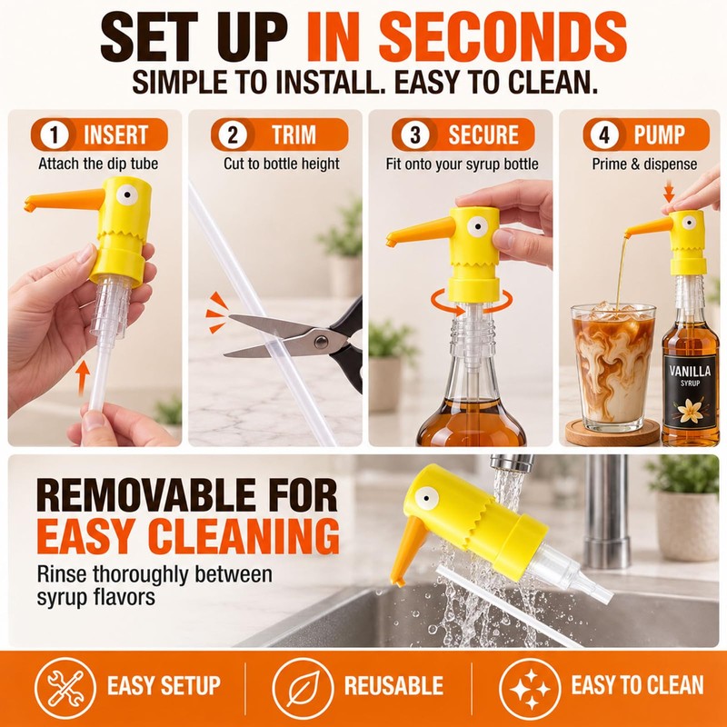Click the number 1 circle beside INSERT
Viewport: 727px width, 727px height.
click(x=55, y=134)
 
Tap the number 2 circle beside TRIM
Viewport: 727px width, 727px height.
click(x=233, y=134)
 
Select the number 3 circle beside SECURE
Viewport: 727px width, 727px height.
click(x=415, y=134)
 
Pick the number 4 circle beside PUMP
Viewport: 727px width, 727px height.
click(x=604, y=134)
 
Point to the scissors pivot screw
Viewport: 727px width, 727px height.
click(x=321, y=343)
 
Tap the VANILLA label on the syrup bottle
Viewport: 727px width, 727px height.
click(x=690, y=372)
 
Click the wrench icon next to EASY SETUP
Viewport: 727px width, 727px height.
click(x=65, y=688)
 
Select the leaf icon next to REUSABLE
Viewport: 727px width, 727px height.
click(x=303, y=688)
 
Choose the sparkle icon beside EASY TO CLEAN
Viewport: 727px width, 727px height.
click(x=530, y=688)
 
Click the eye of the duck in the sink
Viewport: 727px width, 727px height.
click(x=426, y=498)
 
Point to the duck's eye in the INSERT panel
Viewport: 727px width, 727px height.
click(x=126, y=194)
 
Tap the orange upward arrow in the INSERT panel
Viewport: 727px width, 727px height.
click(x=83, y=378)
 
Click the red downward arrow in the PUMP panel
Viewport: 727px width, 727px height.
click(x=668, y=191)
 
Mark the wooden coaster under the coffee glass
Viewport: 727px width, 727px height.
click(x=612, y=433)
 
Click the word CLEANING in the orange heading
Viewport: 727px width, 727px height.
click(x=244, y=536)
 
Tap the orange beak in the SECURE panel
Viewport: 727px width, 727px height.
click(x=420, y=231)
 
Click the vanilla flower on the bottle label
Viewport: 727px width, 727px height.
click(x=690, y=411)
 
